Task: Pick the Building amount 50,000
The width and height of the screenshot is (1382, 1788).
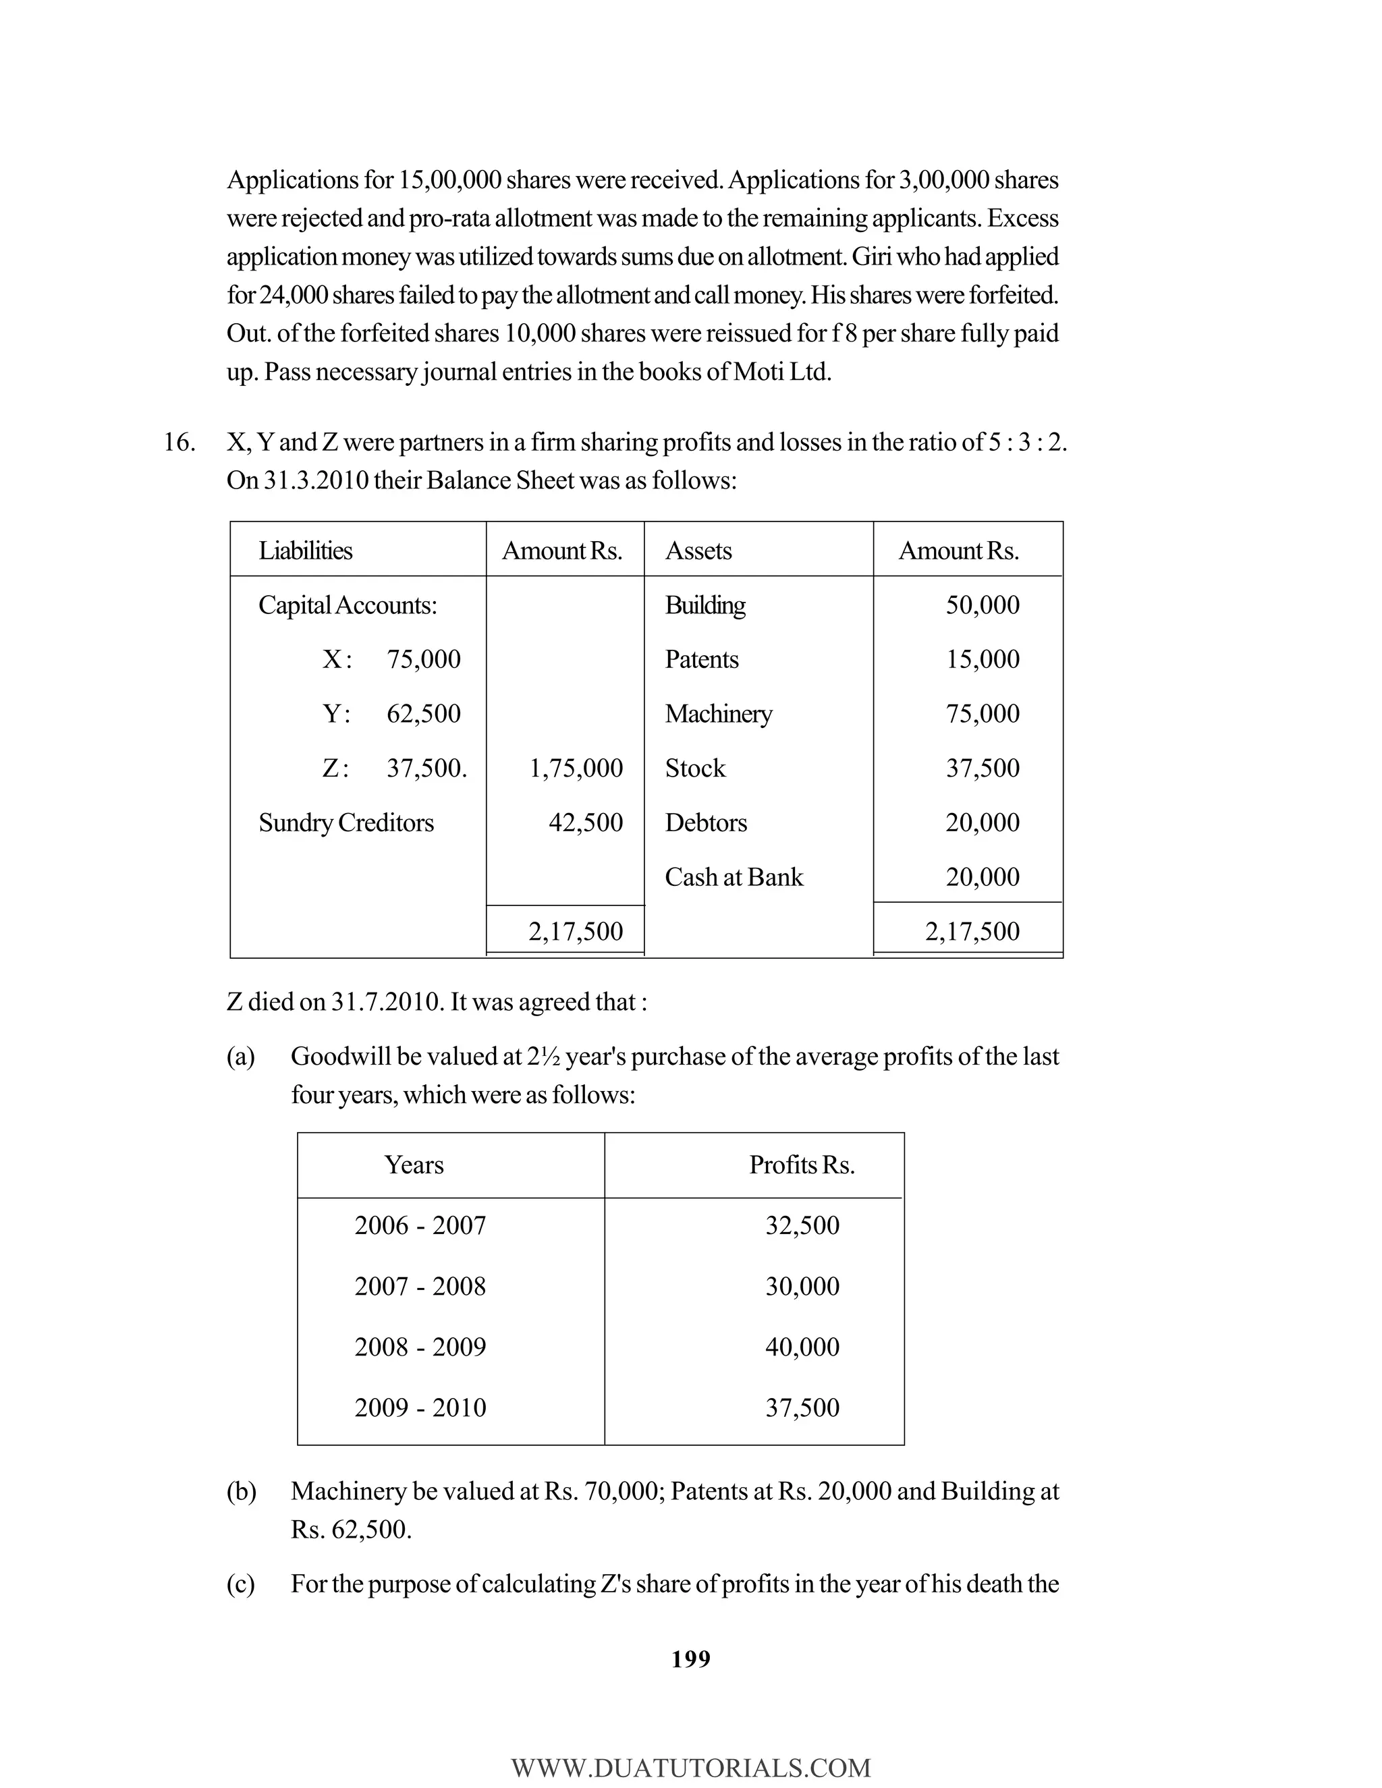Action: point(982,605)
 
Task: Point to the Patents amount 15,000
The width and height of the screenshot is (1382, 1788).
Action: point(982,659)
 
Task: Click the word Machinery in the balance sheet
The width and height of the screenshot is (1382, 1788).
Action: point(718,713)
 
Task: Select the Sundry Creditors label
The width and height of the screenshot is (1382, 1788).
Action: point(345,822)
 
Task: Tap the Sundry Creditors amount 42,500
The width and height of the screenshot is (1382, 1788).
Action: point(585,822)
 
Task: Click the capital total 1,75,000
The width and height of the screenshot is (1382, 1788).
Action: point(576,768)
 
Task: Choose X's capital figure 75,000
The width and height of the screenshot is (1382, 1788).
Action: point(423,659)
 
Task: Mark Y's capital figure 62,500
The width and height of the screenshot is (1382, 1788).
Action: point(423,713)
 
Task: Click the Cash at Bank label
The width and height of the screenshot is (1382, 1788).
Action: point(734,877)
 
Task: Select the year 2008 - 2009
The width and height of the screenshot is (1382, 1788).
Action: point(420,1347)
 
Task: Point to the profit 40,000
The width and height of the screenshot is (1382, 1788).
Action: point(802,1347)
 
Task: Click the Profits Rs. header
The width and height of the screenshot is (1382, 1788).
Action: point(802,1165)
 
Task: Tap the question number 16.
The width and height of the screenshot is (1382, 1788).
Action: point(178,442)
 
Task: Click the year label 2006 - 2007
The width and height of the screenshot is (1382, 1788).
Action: point(420,1225)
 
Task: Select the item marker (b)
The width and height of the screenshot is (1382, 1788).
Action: point(241,1492)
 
